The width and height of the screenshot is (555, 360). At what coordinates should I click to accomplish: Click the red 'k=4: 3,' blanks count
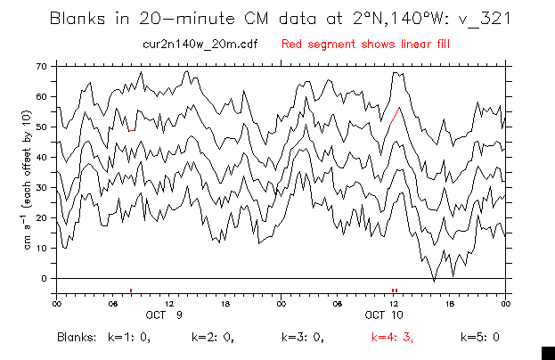click(392, 338)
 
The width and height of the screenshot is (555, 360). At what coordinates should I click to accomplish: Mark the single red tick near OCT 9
click(131, 290)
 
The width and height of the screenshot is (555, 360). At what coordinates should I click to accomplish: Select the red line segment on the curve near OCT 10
click(396, 114)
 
